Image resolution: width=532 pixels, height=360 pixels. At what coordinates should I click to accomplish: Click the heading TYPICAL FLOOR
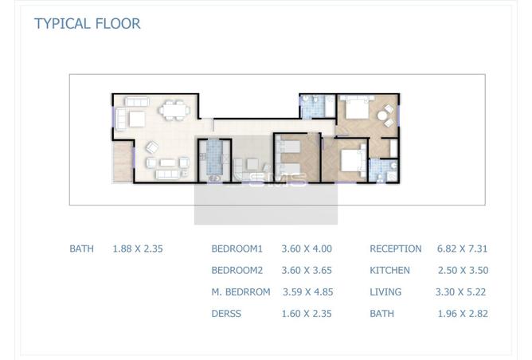click(x=87, y=24)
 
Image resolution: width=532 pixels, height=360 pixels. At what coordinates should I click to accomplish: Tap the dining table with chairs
click(x=174, y=110)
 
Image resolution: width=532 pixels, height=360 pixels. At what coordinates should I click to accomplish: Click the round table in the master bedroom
click(x=382, y=116)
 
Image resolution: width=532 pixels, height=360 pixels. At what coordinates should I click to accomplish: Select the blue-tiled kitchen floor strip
click(x=213, y=157)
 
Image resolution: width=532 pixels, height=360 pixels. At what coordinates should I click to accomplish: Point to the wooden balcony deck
click(x=123, y=162)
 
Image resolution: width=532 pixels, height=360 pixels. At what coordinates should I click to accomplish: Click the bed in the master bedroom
click(x=357, y=107)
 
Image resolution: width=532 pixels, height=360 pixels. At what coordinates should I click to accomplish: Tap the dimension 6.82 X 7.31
click(x=462, y=248)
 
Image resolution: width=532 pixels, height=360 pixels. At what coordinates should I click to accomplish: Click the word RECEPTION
click(x=396, y=248)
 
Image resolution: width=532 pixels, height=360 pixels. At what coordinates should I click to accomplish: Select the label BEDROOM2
click(x=237, y=271)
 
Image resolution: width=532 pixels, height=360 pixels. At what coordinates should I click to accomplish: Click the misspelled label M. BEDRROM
click(x=241, y=292)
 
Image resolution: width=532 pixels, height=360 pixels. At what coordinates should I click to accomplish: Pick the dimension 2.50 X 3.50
click(x=464, y=271)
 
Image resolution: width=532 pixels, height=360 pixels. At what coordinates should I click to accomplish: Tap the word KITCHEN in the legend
click(x=389, y=271)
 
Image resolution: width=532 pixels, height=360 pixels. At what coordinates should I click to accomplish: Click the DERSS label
click(x=226, y=314)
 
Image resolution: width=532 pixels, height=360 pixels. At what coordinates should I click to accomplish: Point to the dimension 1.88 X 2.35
click(x=138, y=248)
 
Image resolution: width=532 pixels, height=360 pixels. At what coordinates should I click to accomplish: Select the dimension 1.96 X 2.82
click(x=463, y=314)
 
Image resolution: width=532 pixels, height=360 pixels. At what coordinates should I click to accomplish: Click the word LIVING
click(x=385, y=292)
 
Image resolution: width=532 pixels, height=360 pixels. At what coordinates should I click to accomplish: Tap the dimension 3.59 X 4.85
click(x=308, y=292)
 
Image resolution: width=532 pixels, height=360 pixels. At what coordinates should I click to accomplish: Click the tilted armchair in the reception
click(x=152, y=147)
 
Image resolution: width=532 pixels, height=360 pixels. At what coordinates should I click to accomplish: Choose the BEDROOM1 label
click(x=237, y=248)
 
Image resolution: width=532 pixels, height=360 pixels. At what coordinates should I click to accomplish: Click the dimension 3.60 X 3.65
click(x=307, y=271)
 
